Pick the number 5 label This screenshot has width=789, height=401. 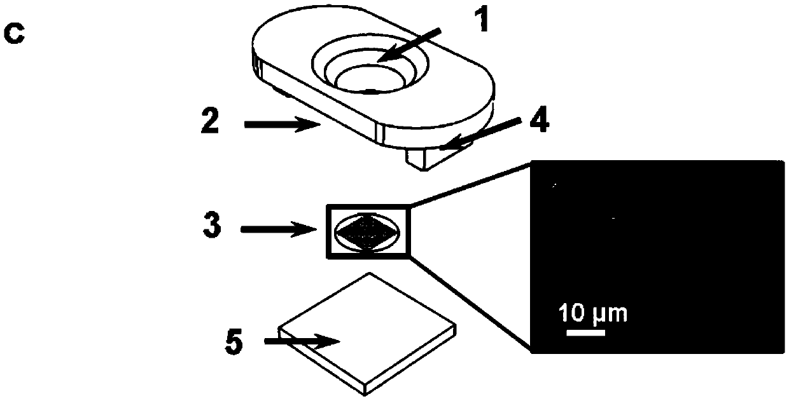coord(234,343)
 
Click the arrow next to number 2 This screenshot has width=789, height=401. coord(282,125)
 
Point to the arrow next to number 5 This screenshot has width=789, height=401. coord(303,342)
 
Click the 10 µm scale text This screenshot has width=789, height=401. coord(592,313)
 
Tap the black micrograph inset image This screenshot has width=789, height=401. coord(655,254)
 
